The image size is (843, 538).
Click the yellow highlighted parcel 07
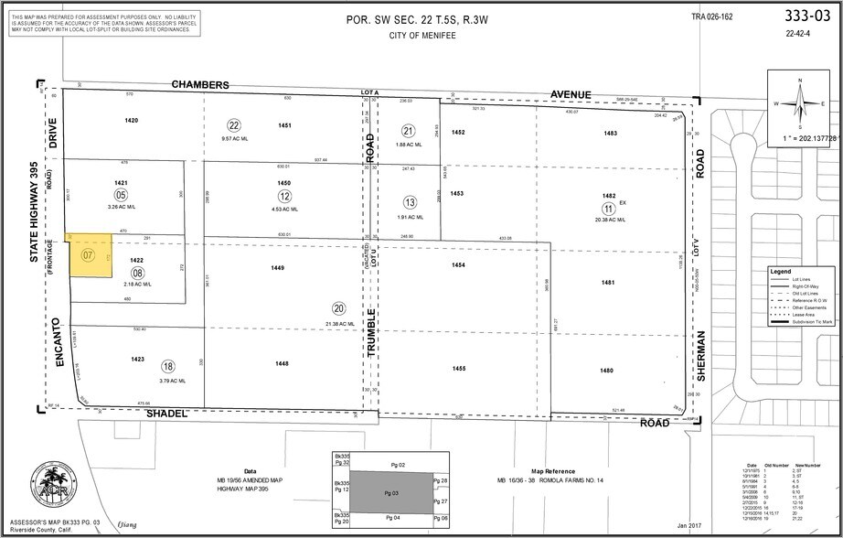click(86, 255)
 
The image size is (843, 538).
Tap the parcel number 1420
click(132, 121)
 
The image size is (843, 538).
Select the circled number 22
click(234, 125)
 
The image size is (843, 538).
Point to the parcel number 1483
click(611, 134)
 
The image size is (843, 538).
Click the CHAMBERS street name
click(200, 84)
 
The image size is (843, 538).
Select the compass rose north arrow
click(798, 102)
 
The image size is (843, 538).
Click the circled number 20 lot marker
click(338, 308)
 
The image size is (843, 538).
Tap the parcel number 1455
click(459, 369)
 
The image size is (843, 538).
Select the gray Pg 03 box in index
click(390, 491)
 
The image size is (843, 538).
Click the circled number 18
click(167, 365)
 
